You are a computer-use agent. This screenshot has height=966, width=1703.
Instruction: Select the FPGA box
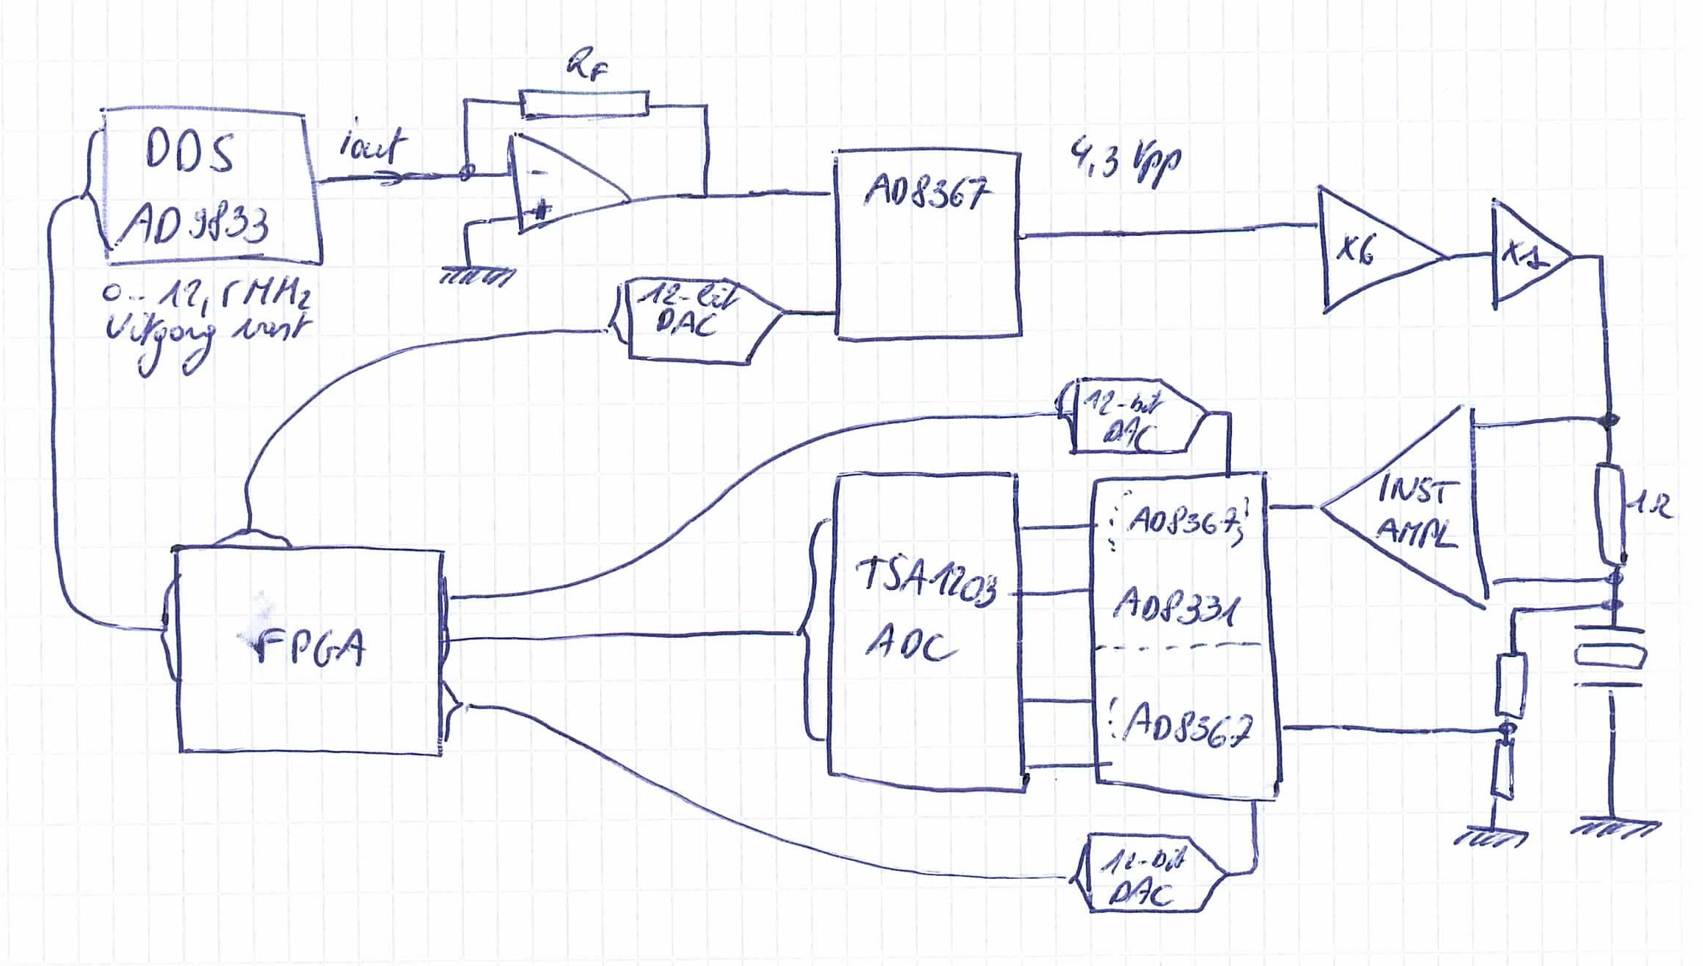310,649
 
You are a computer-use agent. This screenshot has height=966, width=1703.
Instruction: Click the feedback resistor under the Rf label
585,103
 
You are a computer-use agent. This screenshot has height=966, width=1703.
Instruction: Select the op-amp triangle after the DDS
560,184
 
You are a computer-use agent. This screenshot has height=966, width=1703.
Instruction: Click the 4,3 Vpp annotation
1124,166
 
